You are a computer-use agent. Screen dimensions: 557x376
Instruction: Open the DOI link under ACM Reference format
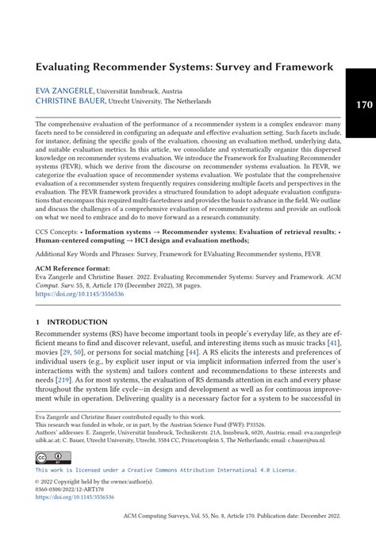coord(79,294)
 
